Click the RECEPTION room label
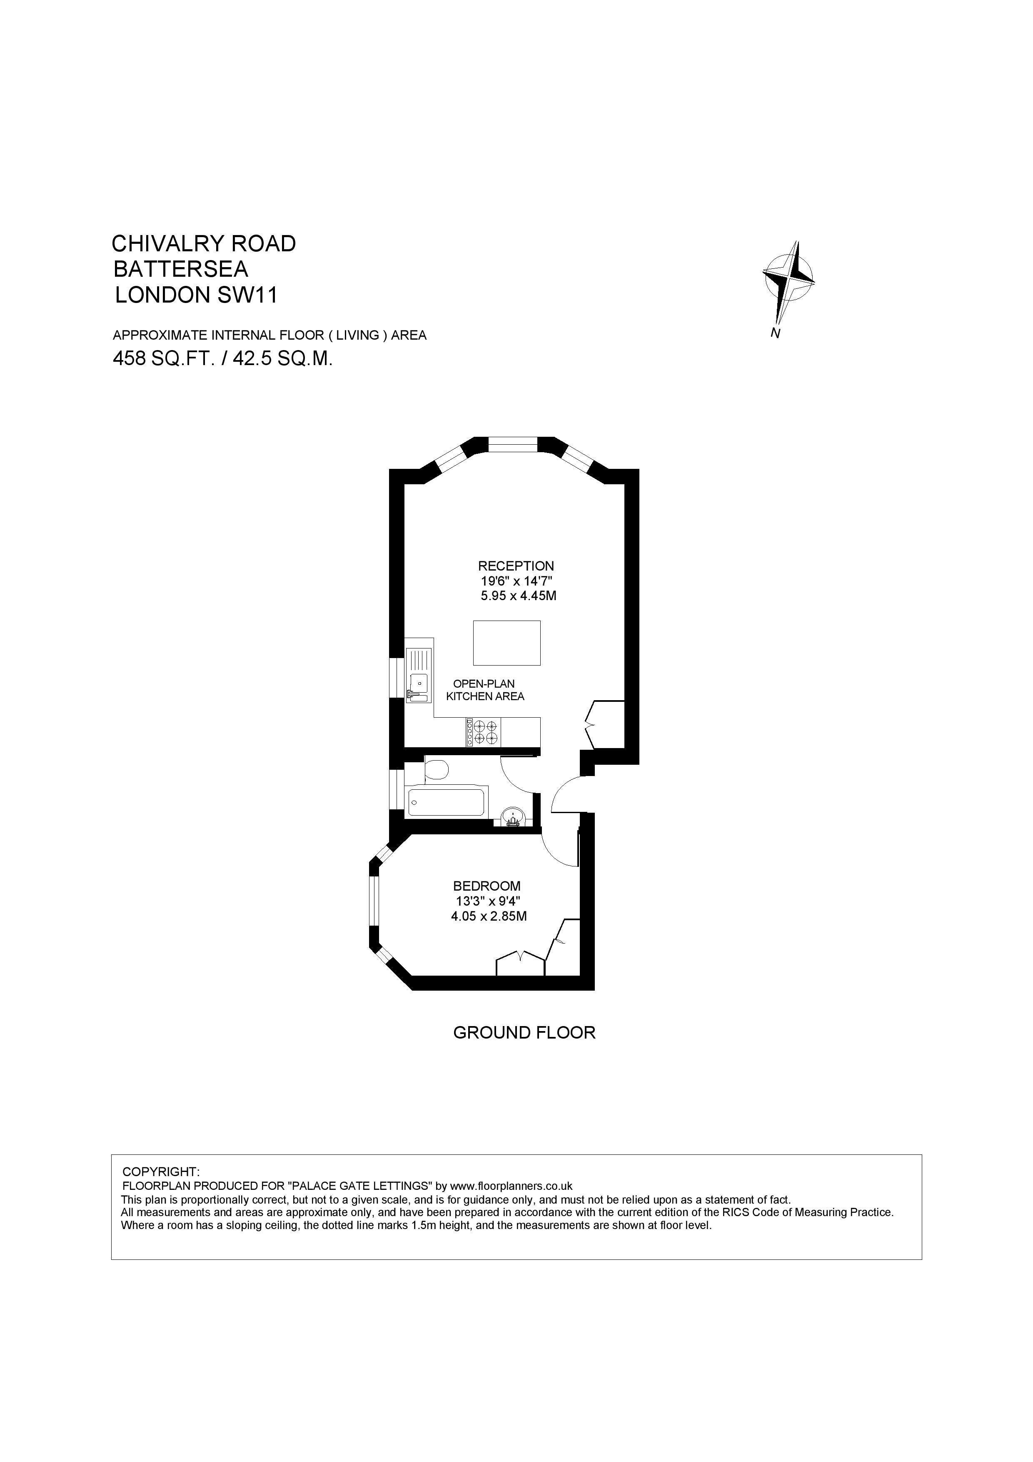516,566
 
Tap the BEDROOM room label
486,886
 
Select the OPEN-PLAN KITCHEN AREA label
485,690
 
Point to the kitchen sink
419,675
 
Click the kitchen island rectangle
507,643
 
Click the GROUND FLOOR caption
524,1033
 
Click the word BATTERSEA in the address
181,269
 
